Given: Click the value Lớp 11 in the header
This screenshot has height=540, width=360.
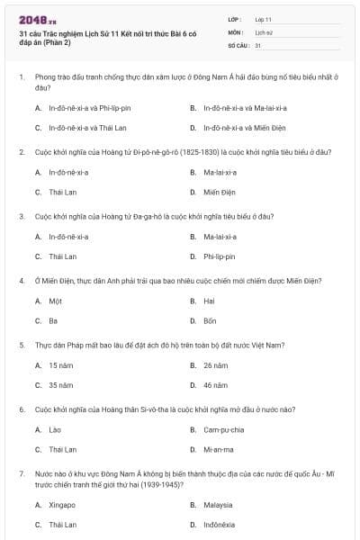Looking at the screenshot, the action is coord(263,18).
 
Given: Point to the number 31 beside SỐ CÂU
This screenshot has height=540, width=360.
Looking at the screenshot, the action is coord(258,44).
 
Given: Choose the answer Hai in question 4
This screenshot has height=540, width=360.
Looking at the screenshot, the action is coord(209,301).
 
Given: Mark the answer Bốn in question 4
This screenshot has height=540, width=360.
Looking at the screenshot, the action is coord(210,320).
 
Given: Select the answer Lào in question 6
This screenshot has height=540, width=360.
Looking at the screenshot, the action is coord(55,429).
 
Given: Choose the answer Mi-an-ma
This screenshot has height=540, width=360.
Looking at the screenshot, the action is coord(219,449).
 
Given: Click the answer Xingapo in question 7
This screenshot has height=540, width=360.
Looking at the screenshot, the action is coord(63,504).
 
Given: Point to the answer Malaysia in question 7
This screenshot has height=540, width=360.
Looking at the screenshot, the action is coord(218,504).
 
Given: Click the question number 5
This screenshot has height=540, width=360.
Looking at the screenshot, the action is coord(22,345).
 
